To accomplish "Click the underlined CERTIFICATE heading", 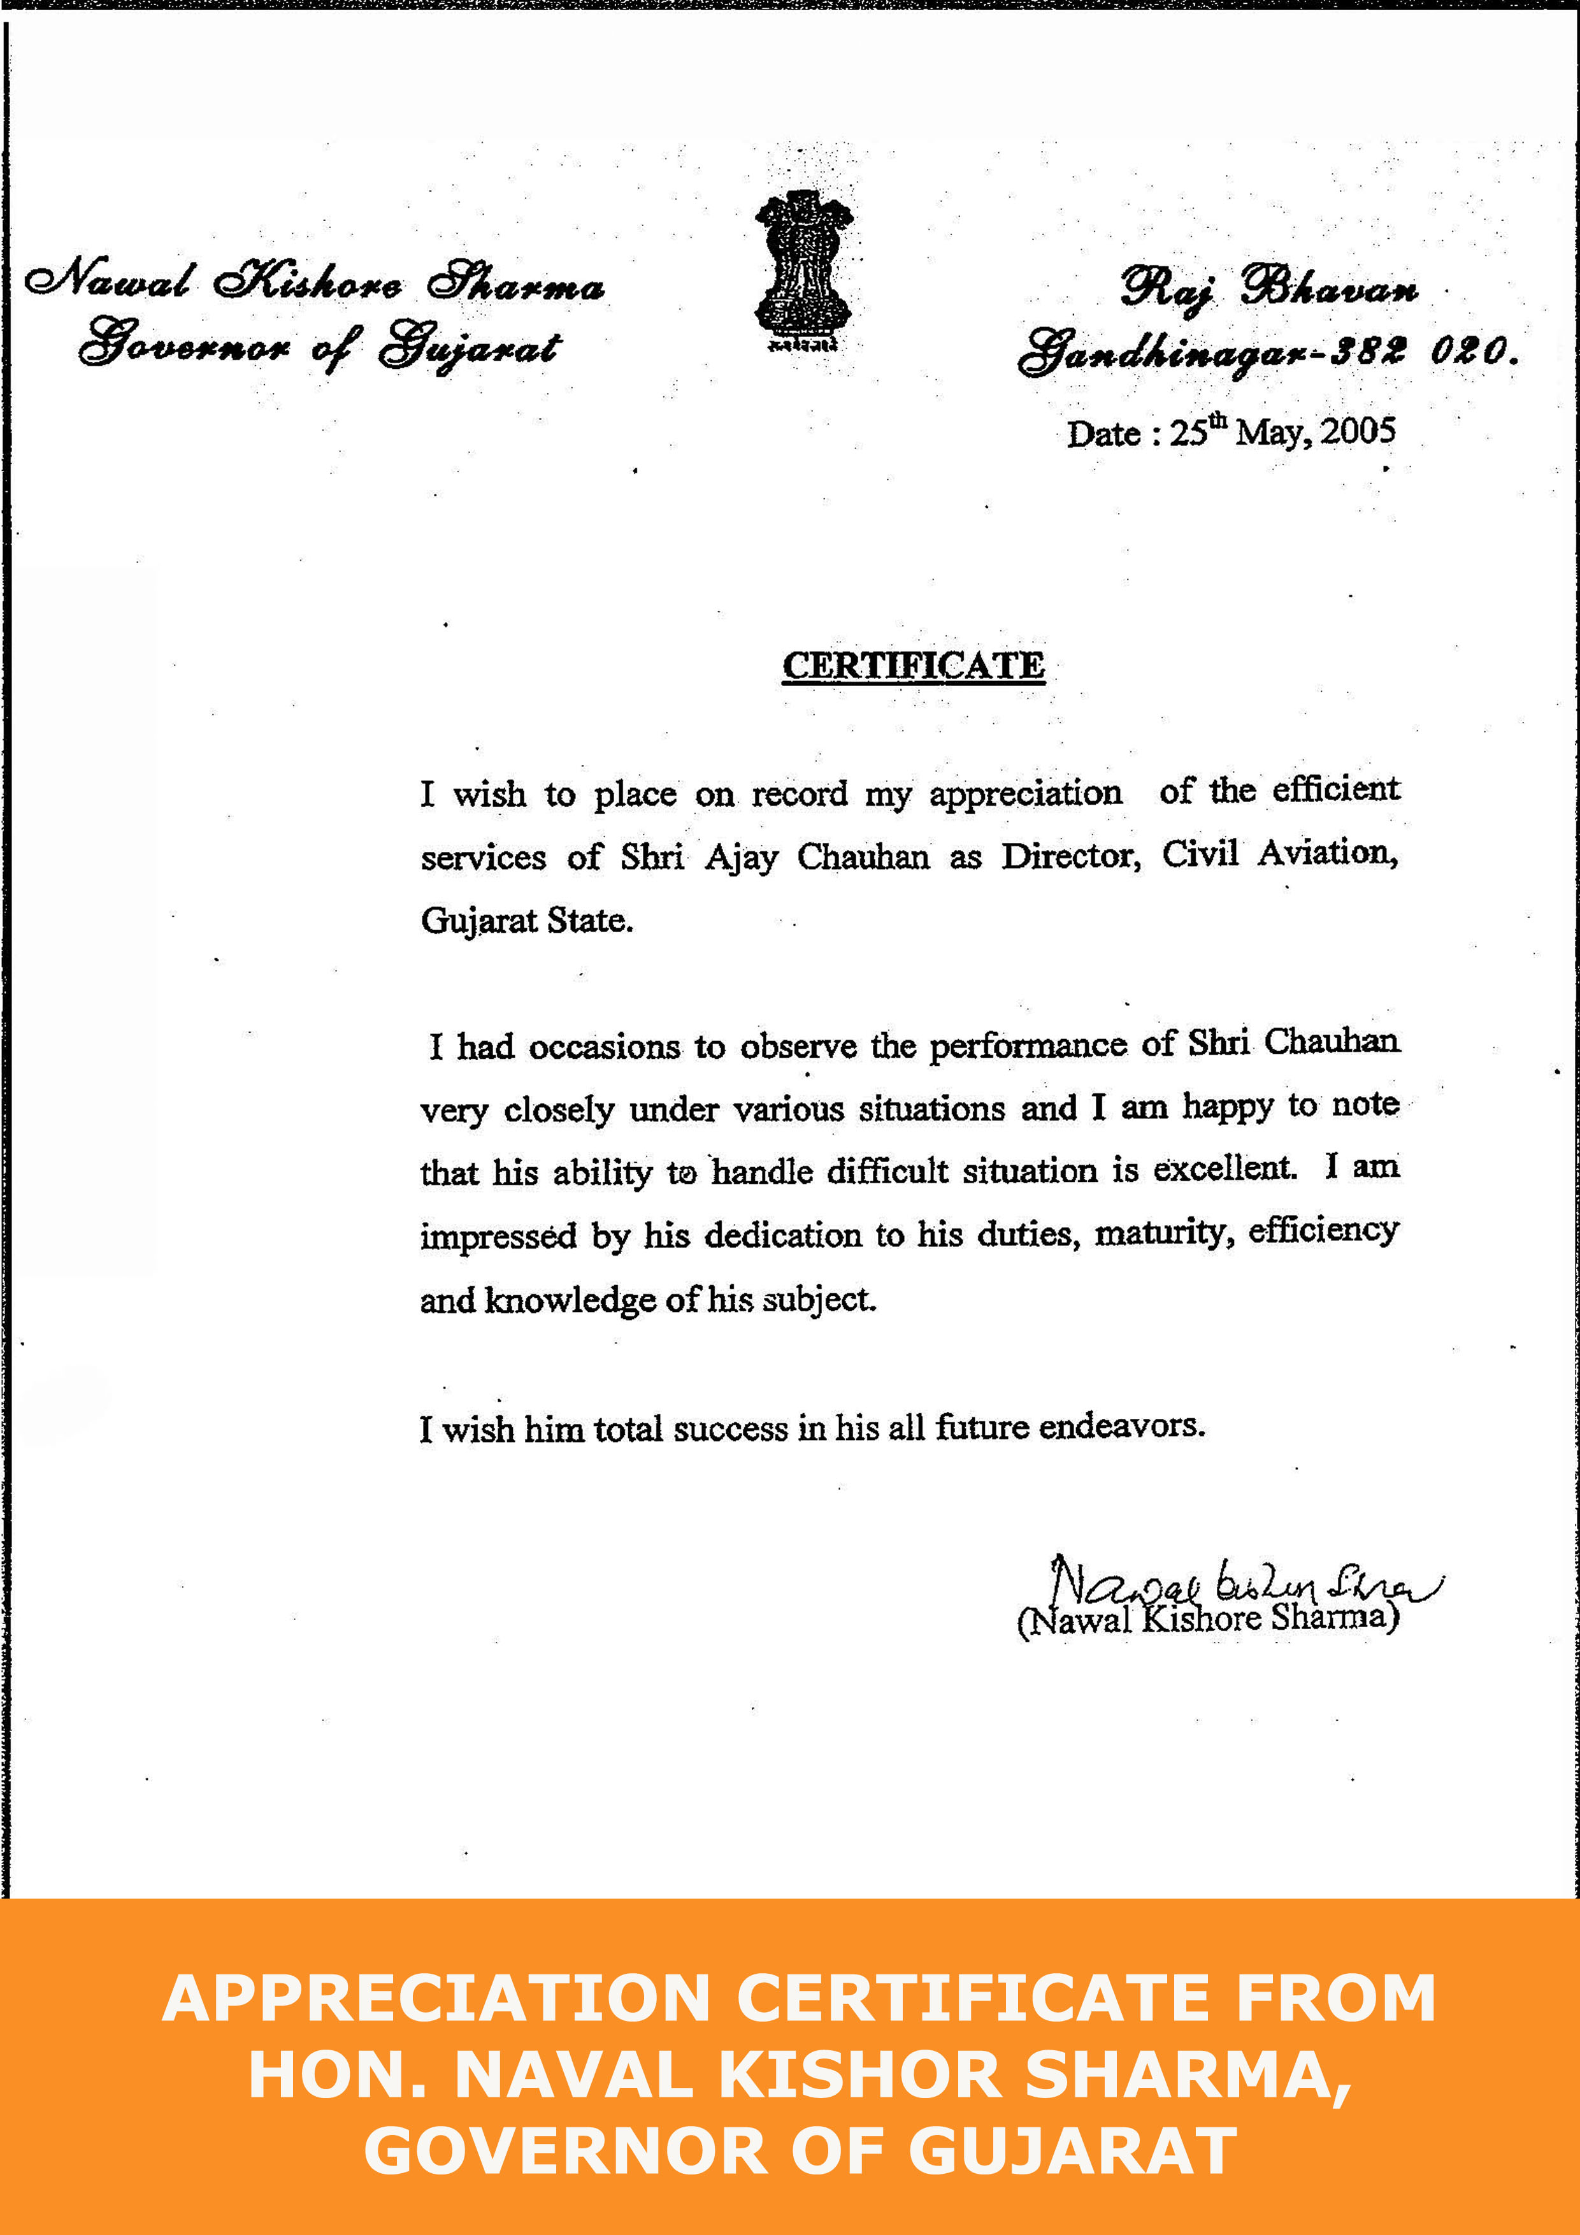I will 913,666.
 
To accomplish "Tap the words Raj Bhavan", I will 1268,288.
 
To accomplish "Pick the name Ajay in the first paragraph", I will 742,858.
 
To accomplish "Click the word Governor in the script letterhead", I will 185,347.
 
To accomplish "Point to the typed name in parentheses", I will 1207,1619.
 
